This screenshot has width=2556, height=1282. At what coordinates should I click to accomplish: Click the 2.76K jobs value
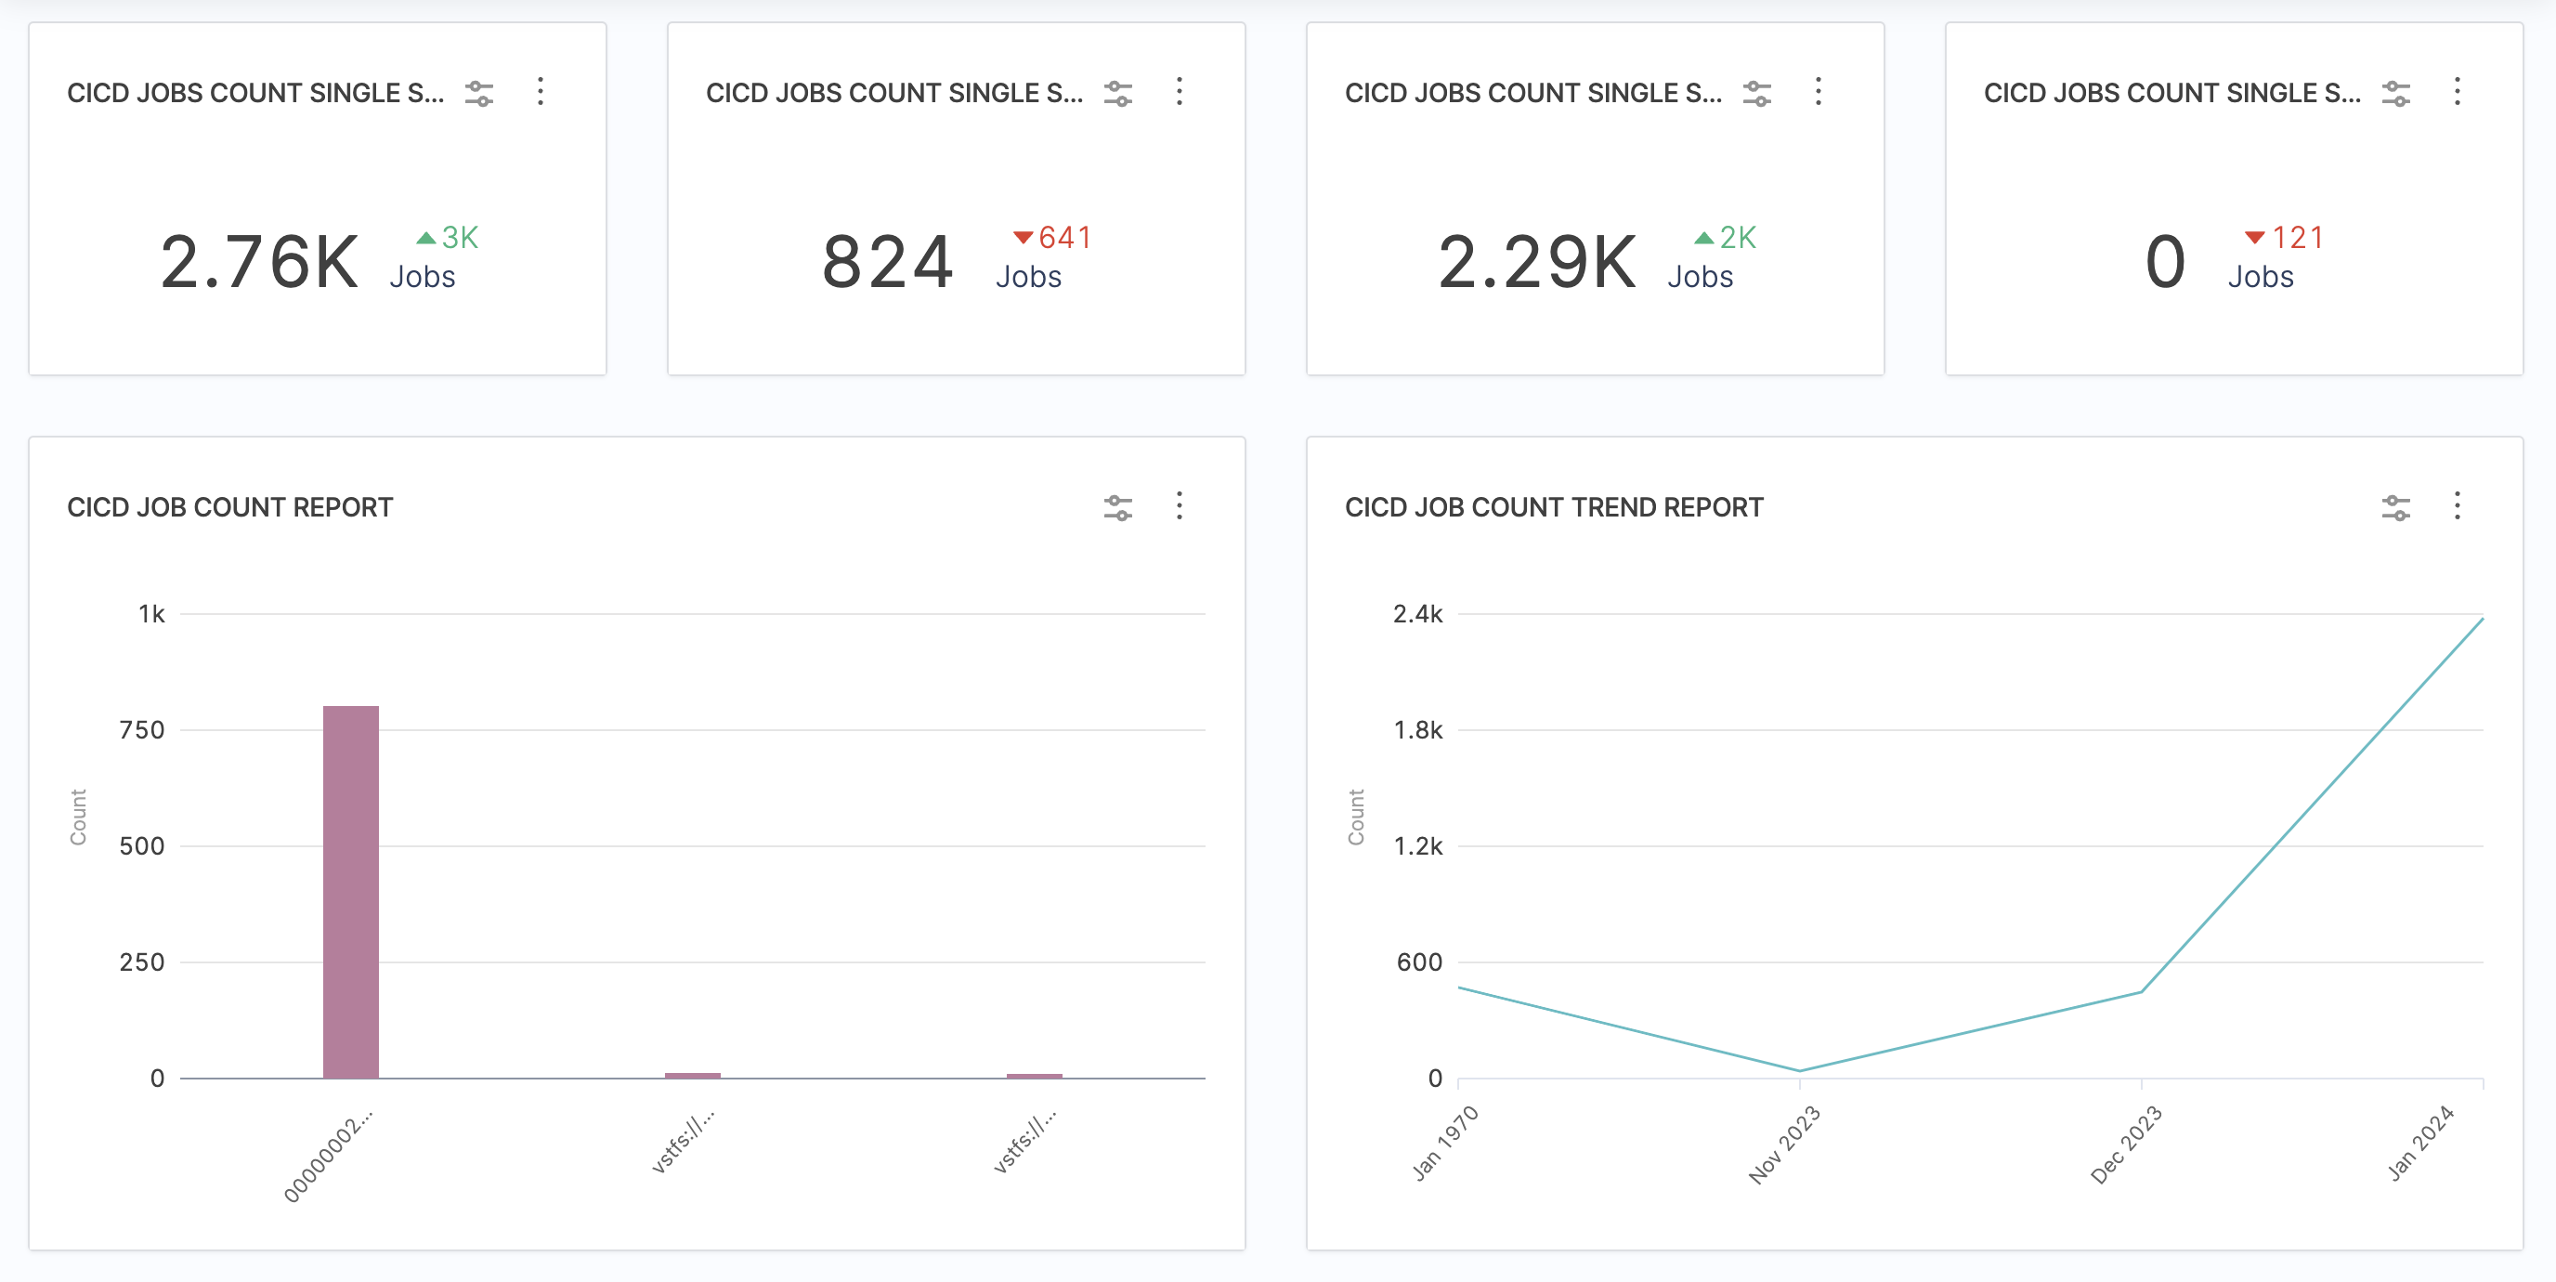[x=259, y=262]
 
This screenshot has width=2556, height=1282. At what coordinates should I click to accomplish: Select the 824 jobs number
[x=887, y=262]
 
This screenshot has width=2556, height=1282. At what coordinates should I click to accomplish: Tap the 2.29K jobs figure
[x=1537, y=262]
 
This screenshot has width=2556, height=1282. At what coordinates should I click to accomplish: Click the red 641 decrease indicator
[x=1052, y=237]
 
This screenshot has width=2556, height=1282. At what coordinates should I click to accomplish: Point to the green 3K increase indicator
[x=448, y=237]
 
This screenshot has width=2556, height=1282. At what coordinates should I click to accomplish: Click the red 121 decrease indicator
[x=2284, y=237]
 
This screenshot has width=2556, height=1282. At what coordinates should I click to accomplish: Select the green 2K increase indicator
[x=1726, y=237]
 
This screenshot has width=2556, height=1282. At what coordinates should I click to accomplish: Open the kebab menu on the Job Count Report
[x=1179, y=506]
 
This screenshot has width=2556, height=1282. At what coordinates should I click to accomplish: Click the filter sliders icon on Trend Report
[x=2395, y=507]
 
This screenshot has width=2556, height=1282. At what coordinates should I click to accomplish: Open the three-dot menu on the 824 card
[x=1179, y=91]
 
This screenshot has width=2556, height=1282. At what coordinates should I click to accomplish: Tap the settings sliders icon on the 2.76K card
[x=479, y=93]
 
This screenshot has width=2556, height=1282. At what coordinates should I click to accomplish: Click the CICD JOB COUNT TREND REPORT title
[x=1554, y=507]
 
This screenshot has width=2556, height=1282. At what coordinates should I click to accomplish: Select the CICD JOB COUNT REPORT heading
[x=230, y=507]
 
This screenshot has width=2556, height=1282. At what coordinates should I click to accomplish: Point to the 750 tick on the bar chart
[x=142, y=730]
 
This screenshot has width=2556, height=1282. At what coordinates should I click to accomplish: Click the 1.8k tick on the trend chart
[x=1418, y=730]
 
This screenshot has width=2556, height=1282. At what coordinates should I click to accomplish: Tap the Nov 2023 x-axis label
[x=1784, y=1145]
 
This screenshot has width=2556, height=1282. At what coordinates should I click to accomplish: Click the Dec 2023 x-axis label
[x=2125, y=1145]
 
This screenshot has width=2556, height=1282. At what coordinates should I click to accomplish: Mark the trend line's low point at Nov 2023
[x=1800, y=1070]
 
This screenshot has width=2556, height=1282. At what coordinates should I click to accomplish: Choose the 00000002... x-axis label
[x=329, y=1156]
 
